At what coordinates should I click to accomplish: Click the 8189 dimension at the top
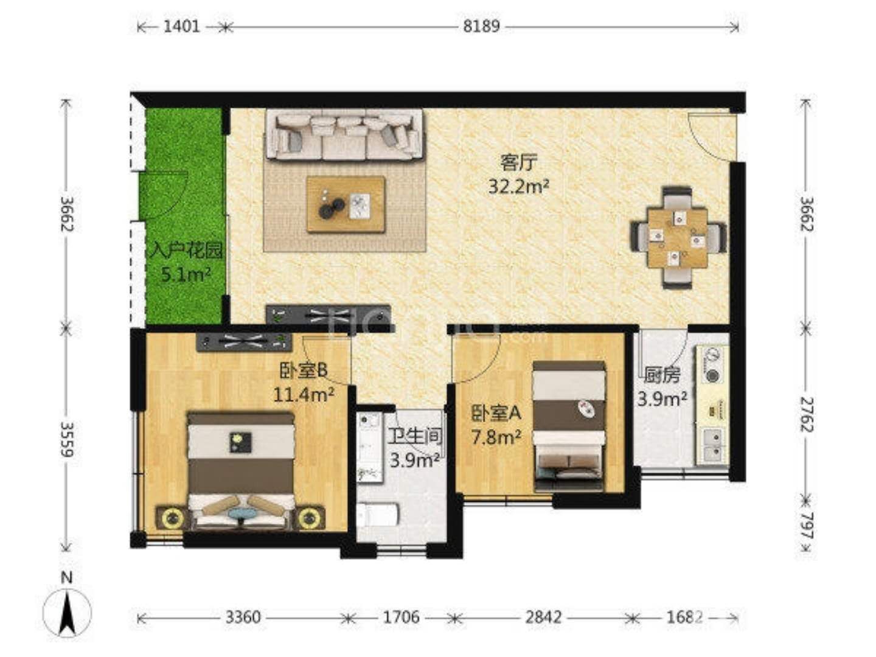(481, 27)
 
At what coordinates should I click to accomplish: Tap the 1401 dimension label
(181, 27)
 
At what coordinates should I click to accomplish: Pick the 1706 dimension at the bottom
(401, 618)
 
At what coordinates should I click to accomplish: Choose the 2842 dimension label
(543, 618)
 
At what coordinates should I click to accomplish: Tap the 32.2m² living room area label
(519, 186)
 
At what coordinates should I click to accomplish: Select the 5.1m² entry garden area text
(186, 274)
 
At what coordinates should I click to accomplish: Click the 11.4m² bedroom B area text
(304, 395)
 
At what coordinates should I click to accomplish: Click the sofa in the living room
(344, 135)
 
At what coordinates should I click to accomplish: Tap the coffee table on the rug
(346, 204)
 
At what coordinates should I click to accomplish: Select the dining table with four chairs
(678, 237)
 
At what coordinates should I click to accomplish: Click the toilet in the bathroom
(378, 514)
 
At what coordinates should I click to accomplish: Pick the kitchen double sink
(713, 445)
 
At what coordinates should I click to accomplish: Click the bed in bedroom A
(569, 425)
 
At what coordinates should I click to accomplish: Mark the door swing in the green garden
(164, 195)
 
